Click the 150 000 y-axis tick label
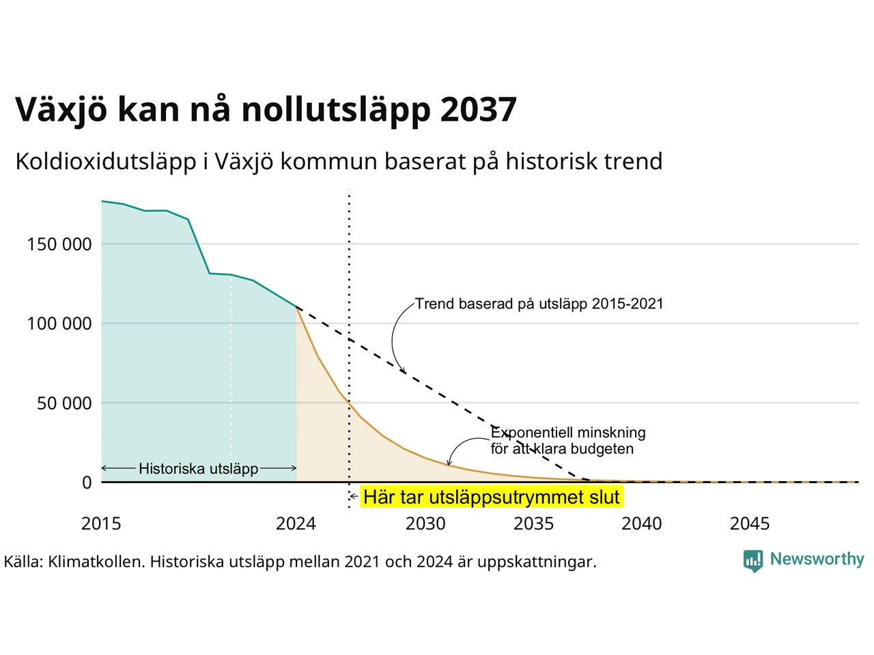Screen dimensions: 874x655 (59, 244)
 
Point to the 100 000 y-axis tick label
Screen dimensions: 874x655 (59, 323)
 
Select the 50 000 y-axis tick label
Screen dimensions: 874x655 (64, 403)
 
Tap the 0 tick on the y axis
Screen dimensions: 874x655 (87, 482)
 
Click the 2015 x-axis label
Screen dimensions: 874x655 (101, 524)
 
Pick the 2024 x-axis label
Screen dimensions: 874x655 (296, 524)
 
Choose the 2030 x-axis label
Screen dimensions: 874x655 (425, 524)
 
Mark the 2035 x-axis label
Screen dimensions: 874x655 (533, 524)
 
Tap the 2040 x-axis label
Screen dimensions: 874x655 (642, 524)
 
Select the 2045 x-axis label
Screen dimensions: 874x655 (750, 524)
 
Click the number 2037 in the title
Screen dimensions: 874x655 (479, 109)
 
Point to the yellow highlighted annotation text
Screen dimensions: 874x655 (492, 497)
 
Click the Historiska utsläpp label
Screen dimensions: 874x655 (198, 469)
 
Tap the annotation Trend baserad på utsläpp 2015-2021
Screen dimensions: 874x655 (539, 304)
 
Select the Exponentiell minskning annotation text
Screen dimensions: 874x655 (568, 441)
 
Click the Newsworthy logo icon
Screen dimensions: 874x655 (753, 561)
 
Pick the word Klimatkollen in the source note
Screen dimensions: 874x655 (95, 562)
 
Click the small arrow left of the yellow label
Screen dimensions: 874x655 (354, 497)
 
